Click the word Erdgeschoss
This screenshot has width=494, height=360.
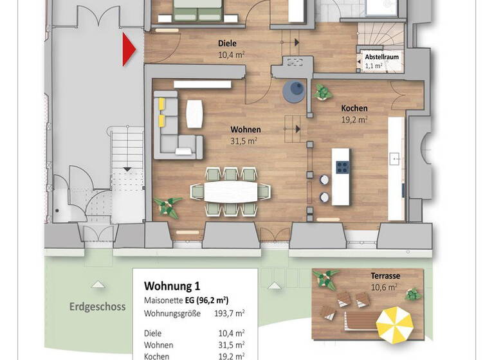point(97,307)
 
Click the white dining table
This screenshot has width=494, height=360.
point(230,191)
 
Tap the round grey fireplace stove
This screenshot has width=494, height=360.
point(295,91)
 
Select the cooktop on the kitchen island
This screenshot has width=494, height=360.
point(342,167)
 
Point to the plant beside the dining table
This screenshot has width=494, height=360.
point(169,206)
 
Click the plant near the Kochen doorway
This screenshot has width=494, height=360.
point(321,93)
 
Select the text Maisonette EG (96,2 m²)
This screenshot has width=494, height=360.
point(187,300)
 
